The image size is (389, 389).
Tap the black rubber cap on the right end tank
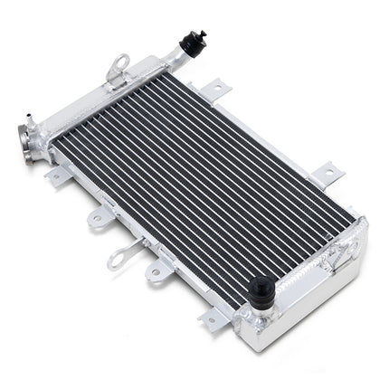(x=263, y=289)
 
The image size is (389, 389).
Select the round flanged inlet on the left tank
(x=26, y=140)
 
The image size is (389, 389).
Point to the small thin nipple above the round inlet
(x=31, y=118)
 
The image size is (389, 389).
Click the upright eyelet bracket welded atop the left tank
(x=118, y=65)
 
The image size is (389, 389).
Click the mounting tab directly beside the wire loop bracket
(x=156, y=270)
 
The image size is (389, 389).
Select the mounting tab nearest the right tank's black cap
(x=213, y=317)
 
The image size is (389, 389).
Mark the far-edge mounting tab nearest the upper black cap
(x=215, y=88)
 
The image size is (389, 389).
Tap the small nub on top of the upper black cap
(x=201, y=34)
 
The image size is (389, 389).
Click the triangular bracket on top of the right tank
(x=342, y=256)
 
